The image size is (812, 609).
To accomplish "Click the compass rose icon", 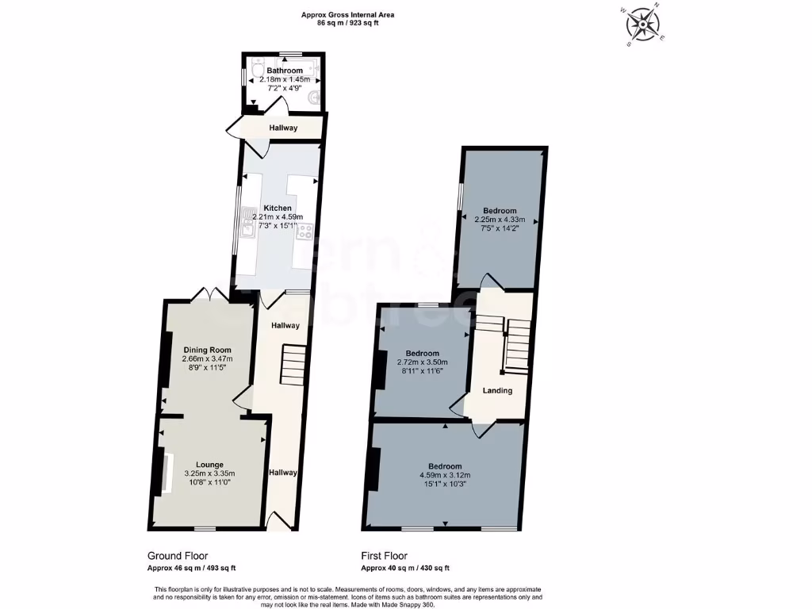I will tap(644, 24).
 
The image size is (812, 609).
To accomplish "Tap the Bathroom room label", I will tap(284, 71).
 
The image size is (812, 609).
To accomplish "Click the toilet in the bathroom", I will tap(255, 72).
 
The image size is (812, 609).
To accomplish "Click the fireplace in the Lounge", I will tap(167, 473).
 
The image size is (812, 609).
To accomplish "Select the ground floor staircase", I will tap(293, 365).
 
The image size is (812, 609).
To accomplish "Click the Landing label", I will tap(498, 390).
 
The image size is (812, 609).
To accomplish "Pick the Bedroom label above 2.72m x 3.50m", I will tap(422, 353).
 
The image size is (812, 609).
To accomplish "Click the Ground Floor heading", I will tap(178, 556).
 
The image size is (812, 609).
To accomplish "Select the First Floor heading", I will tap(385, 556).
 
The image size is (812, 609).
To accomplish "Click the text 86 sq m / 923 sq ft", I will tap(348, 24).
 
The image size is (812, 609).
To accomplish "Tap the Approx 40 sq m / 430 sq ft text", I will tap(405, 568).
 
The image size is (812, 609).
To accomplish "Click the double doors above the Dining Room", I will tap(209, 294).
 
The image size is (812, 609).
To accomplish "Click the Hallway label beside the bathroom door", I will tap(282, 128).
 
